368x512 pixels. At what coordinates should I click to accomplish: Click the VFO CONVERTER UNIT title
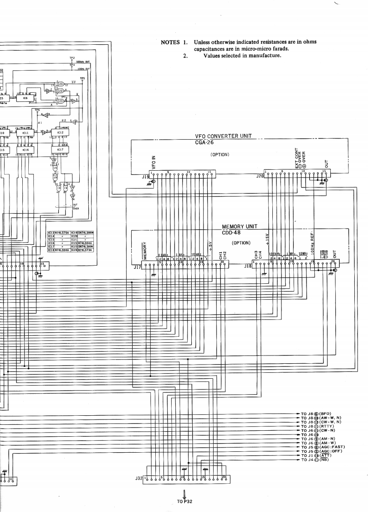(x=223, y=136)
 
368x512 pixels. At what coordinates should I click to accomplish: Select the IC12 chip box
(x=60, y=133)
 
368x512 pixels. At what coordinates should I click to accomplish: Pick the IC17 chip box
(x=60, y=149)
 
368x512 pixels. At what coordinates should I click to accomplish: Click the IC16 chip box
(x=26, y=149)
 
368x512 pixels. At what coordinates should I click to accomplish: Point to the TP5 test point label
(x=82, y=78)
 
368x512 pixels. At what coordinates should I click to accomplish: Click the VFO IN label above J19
(x=153, y=162)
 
